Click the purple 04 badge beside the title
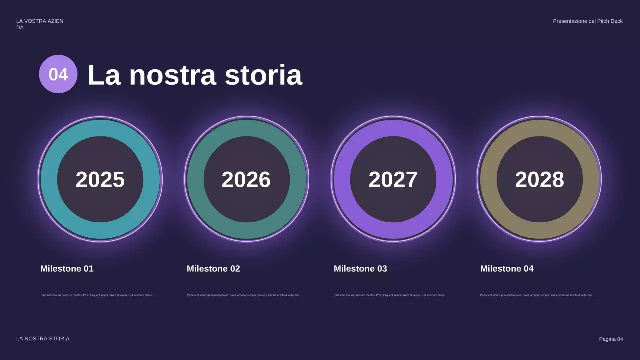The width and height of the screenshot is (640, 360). coord(58,74)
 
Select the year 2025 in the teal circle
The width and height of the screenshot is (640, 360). coord(100,179)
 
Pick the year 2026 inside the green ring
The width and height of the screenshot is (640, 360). coord(246,179)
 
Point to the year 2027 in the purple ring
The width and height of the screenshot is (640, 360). coord(393,179)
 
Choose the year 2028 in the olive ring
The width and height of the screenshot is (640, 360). coord(539,179)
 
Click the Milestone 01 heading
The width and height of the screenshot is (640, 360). coord(67,269)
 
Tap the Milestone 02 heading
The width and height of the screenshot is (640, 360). coord(213,269)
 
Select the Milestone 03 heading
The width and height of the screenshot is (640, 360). coord(360,269)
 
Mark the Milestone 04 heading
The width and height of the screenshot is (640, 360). coord(507,269)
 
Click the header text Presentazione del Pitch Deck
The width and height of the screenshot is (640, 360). coord(588,21)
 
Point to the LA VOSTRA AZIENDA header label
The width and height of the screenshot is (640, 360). coord(39,24)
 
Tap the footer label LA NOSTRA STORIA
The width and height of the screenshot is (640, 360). coord(43,339)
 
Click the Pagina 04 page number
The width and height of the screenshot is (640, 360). coord(611,339)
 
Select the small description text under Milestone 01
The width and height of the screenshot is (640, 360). coord(96,295)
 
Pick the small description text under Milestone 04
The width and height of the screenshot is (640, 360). coord(536,295)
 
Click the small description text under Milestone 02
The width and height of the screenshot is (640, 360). coord(243,295)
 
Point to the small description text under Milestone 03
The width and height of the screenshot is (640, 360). coord(390,295)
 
